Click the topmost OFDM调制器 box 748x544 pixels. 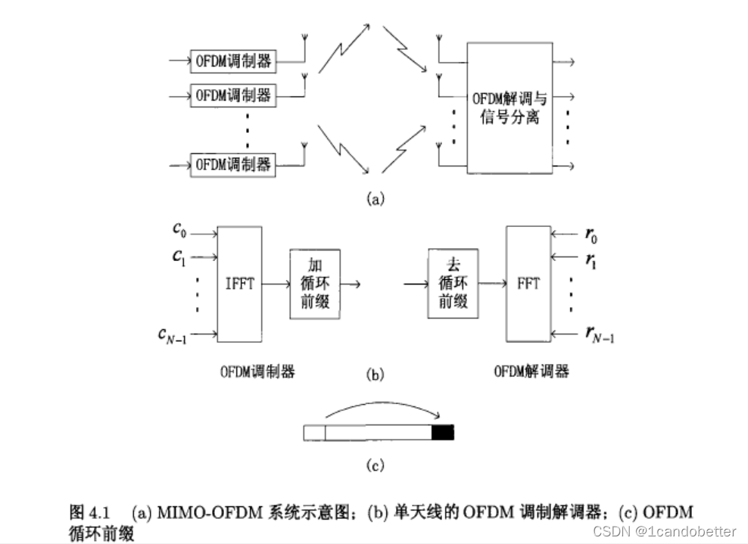(233, 62)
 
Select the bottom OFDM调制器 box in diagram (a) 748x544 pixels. (233, 163)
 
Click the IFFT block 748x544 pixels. (239, 284)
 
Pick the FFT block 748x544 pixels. (528, 284)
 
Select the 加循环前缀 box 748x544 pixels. (315, 284)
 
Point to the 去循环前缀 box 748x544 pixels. (452, 284)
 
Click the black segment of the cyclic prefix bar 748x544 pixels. (442, 433)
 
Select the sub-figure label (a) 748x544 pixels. (375, 199)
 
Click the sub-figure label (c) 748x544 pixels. (376, 464)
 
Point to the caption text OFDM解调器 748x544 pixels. (531, 371)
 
